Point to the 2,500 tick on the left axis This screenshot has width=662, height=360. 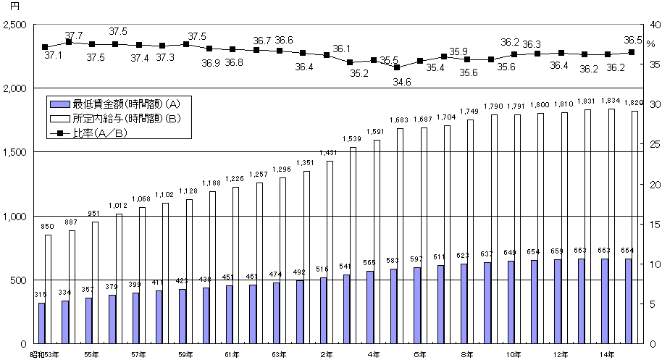[x=14, y=25]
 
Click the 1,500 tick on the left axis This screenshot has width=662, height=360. [x=14, y=153]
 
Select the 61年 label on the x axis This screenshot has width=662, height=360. [x=232, y=354]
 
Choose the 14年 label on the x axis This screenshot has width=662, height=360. [x=607, y=354]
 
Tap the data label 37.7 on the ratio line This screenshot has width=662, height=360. [x=73, y=35]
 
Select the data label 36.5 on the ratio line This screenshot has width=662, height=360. [x=632, y=41]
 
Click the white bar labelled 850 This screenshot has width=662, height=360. [x=49, y=289]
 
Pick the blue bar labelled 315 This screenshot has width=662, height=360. [x=42, y=323]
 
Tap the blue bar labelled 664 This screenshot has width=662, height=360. [x=628, y=301]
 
